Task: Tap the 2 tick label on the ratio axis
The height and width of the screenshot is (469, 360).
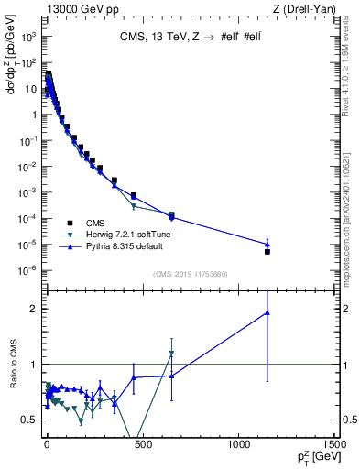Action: pos(34,309)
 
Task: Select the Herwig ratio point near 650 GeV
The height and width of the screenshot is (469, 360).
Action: pos(171,353)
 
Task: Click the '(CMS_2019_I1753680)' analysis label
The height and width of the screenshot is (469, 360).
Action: pos(191,272)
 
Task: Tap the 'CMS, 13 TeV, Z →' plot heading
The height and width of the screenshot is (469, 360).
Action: pos(174,38)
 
